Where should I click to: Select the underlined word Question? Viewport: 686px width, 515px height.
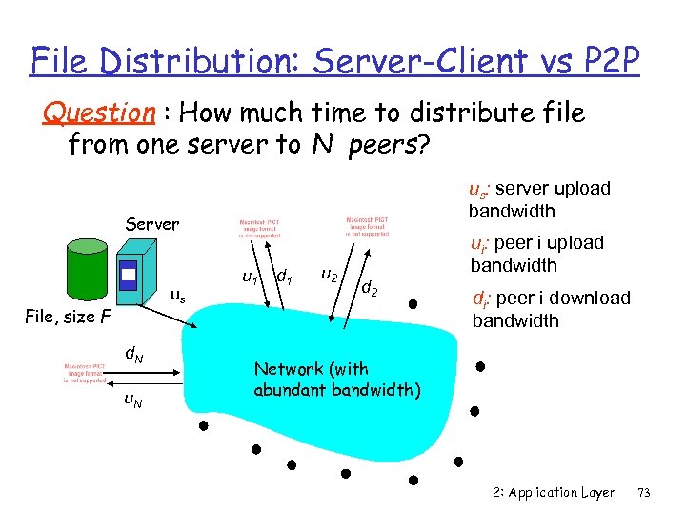coord(99,113)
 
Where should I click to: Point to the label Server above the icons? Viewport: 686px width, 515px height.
coord(152,224)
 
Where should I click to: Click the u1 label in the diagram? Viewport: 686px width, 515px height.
coord(251,278)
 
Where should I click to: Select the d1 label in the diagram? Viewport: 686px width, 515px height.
coord(283,278)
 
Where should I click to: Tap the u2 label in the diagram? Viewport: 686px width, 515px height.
coord(328,276)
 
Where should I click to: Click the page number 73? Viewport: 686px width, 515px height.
coord(644,492)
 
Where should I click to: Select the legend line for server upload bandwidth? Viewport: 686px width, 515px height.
coord(538,199)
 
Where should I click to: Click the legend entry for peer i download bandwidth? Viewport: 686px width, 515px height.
coord(551,309)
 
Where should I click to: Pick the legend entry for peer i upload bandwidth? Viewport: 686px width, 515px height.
coord(535,254)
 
